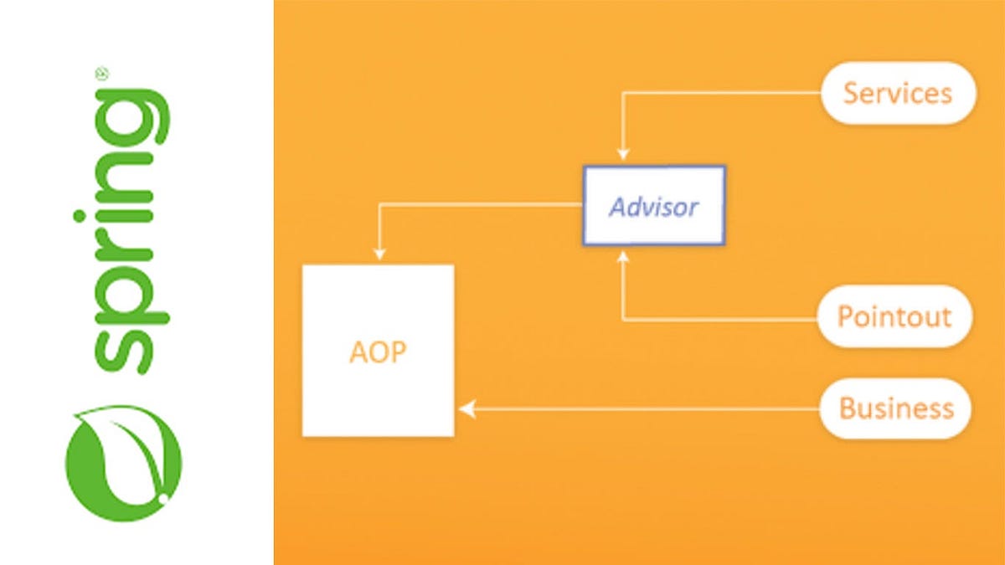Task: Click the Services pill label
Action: (898, 93)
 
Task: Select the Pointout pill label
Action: (894, 316)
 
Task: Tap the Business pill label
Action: (895, 408)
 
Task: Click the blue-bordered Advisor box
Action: (654, 206)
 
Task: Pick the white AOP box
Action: (379, 351)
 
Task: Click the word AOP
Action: (378, 352)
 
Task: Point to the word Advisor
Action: (653, 208)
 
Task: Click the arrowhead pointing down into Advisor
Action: (623, 154)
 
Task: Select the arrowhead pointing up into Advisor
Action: (623, 256)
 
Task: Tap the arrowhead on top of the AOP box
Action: (379, 254)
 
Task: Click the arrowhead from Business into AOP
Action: (467, 409)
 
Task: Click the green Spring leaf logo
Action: (124, 463)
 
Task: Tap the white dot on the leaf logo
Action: (163, 498)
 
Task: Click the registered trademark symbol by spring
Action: (102, 74)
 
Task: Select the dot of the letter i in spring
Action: (80, 216)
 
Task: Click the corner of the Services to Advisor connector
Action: (623, 93)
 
